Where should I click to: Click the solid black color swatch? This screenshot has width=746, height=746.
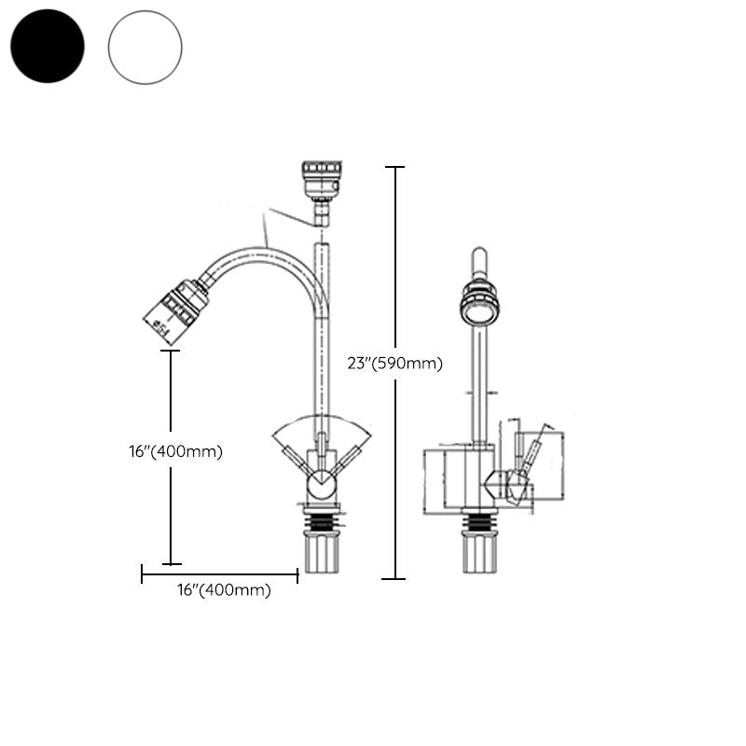point(48,46)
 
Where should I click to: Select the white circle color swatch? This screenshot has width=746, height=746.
point(145,48)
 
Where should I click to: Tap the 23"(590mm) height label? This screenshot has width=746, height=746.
point(394,364)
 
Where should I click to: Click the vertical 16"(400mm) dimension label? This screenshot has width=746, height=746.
point(176,451)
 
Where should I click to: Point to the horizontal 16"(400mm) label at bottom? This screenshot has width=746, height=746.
point(224,590)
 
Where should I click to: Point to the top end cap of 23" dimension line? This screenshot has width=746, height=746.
point(395,167)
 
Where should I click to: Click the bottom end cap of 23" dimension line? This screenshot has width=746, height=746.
point(395,579)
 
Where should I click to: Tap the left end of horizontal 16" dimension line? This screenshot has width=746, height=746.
point(143,574)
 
